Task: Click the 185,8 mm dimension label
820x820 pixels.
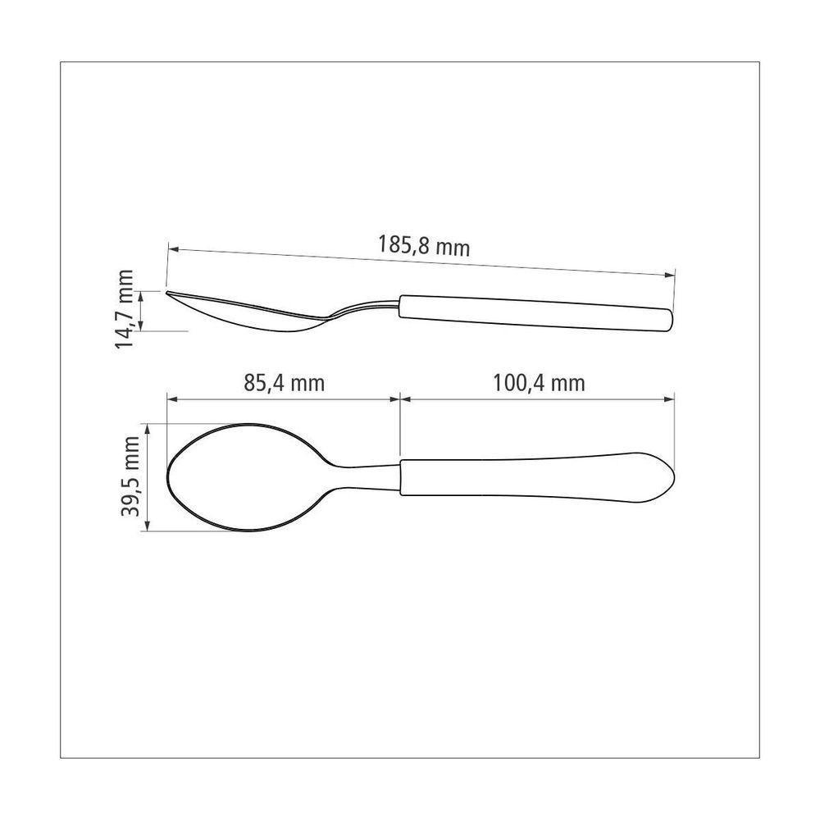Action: pyautogui.click(x=424, y=245)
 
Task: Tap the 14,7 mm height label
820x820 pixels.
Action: pyautogui.click(x=125, y=309)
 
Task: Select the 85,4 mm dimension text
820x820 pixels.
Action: pyautogui.click(x=284, y=382)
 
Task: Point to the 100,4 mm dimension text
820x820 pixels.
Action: pyautogui.click(x=539, y=382)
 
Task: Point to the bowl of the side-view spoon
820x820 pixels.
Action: pyautogui.click(x=246, y=316)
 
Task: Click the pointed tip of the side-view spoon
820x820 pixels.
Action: pyautogui.click(x=168, y=293)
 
